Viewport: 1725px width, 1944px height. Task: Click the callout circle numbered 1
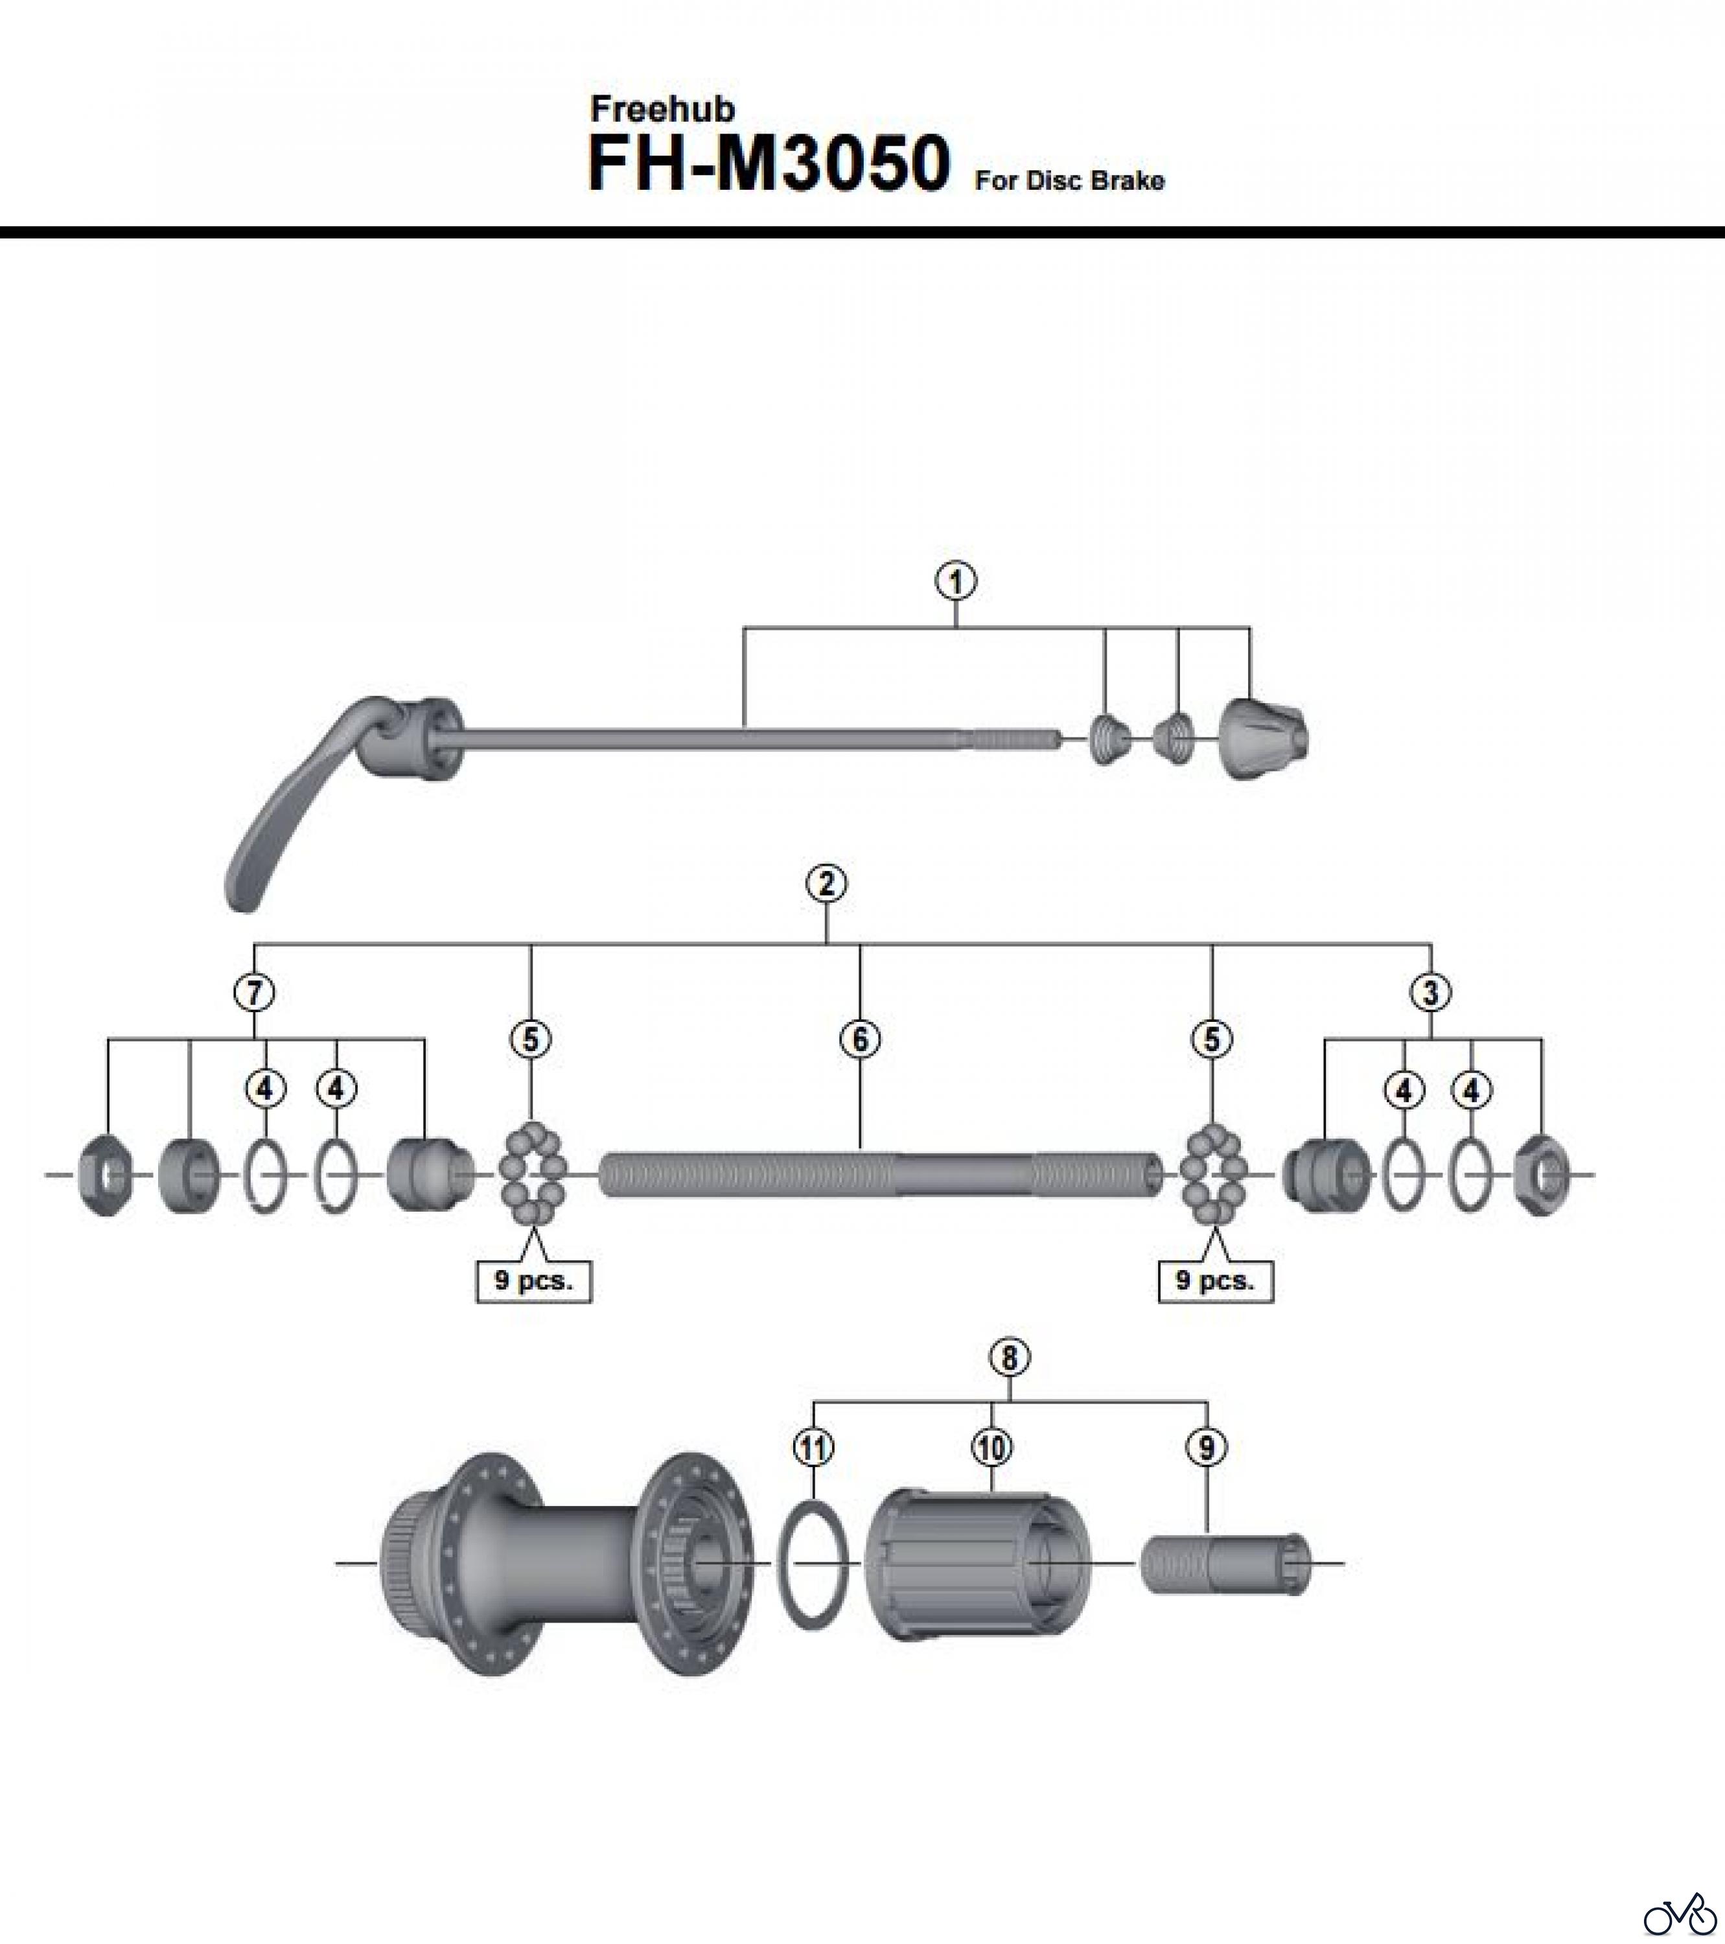click(956, 581)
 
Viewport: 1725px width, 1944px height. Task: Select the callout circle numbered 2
click(826, 884)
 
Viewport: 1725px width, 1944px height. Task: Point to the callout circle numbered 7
click(254, 993)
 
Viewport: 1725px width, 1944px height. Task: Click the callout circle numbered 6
click(860, 1039)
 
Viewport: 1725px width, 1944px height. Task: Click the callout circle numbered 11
click(813, 1448)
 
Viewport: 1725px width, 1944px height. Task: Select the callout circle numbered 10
click(992, 1448)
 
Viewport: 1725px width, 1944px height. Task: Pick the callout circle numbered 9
click(1207, 1448)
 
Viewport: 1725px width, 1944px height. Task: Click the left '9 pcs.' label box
click(533, 1280)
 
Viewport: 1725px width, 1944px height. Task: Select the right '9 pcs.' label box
click(1215, 1280)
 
